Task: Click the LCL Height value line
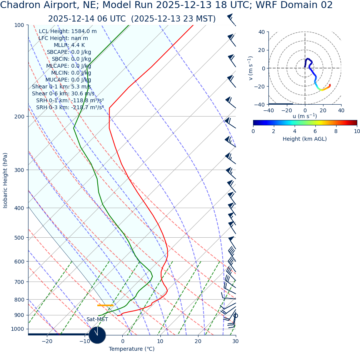[x=68, y=31]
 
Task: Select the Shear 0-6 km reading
[x=63, y=93]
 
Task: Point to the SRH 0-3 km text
[x=70, y=107]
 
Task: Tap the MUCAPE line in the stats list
[x=68, y=80]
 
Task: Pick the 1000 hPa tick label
[x=17, y=329]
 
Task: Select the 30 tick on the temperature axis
[x=235, y=341]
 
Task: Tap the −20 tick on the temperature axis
[x=47, y=341]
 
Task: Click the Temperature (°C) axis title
[x=132, y=349]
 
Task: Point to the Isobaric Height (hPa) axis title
[x=5, y=180]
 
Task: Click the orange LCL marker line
[x=105, y=305]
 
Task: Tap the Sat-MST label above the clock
[x=97, y=319]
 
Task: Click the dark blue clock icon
[x=97, y=335]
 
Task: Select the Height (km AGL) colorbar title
[x=305, y=139]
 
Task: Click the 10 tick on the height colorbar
[x=357, y=131]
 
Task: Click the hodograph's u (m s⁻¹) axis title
[x=305, y=116]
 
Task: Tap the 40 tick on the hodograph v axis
[x=261, y=32]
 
